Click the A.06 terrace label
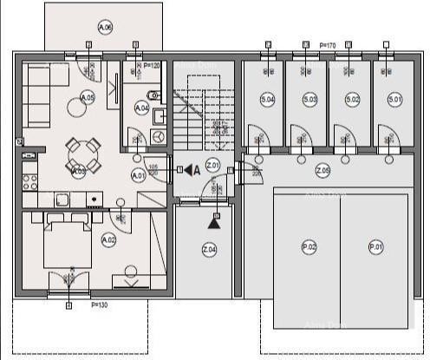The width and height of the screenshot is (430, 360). [105, 27]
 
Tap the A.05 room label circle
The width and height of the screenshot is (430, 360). [88, 98]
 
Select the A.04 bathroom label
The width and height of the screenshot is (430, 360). [142, 108]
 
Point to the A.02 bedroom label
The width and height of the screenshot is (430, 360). [108, 239]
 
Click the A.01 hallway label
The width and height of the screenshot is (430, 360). [137, 175]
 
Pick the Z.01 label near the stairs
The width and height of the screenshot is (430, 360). [212, 166]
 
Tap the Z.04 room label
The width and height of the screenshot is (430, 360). [209, 251]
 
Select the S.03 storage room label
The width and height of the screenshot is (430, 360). [309, 100]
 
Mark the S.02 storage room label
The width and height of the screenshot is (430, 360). [352, 100]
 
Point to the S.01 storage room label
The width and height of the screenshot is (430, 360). [394, 100]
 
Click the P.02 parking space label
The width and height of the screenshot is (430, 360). [309, 247]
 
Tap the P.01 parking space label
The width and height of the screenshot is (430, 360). [375, 247]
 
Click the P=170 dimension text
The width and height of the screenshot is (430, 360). [328, 44]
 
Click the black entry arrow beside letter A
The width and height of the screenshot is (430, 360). [188, 170]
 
